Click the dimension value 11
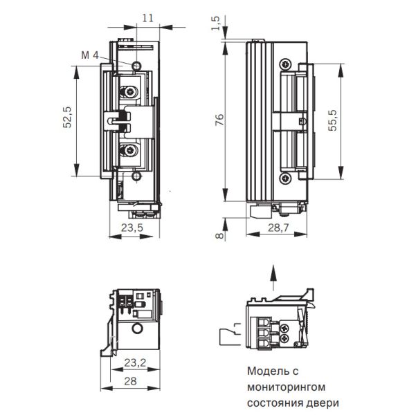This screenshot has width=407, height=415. pyautogui.click(x=147, y=18)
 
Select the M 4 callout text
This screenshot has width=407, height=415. pyautogui.click(x=90, y=55)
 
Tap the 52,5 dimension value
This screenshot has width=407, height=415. pyautogui.click(x=67, y=118)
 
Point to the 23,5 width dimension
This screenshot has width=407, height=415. pyautogui.click(x=132, y=228)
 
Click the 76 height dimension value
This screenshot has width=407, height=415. pyautogui.click(x=219, y=120)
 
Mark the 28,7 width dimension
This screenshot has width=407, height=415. pyautogui.click(x=278, y=228)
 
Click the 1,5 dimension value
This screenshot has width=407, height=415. pyautogui.click(x=216, y=24)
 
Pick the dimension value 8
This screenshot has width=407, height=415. pyautogui.click(x=220, y=235)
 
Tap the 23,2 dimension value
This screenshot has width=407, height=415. pyautogui.click(x=135, y=362)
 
